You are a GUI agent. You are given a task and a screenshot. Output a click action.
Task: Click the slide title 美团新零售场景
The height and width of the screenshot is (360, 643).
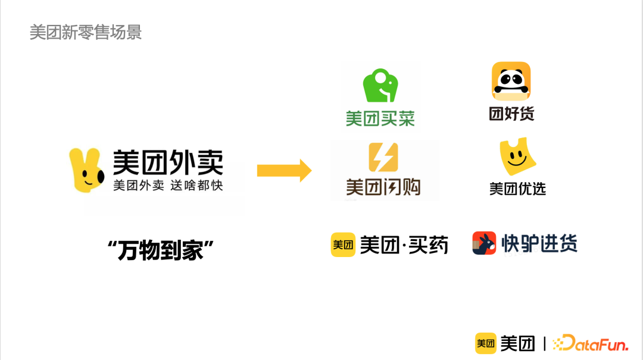click(86, 32)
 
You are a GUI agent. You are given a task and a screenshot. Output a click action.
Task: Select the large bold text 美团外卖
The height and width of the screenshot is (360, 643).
click(168, 162)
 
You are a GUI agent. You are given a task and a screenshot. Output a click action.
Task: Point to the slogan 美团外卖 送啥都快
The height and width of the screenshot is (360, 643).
click(168, 185)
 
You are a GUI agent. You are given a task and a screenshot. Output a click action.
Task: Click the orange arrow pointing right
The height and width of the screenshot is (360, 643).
click(284, 171)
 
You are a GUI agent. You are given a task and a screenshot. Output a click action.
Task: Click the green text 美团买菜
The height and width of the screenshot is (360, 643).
click(380, 118)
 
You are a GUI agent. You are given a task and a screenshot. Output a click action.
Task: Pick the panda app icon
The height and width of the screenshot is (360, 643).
click(511, 82)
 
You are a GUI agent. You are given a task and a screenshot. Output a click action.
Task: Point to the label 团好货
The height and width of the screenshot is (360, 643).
click(511, 114)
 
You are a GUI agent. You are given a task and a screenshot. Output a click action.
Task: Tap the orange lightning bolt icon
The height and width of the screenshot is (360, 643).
click(383, 157)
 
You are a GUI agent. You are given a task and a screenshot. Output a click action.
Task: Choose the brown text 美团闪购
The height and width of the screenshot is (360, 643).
click(383, 187)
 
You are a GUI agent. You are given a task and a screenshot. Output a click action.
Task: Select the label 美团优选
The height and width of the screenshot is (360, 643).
click(517, 189)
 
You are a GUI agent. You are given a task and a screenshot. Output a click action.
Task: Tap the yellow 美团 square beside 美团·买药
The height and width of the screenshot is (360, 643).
click(343, 245)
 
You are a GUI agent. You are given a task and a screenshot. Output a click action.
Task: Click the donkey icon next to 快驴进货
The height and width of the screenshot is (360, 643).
click(484, 243)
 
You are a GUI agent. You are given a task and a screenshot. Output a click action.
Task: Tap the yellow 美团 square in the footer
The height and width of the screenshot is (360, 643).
click(486, 343)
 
